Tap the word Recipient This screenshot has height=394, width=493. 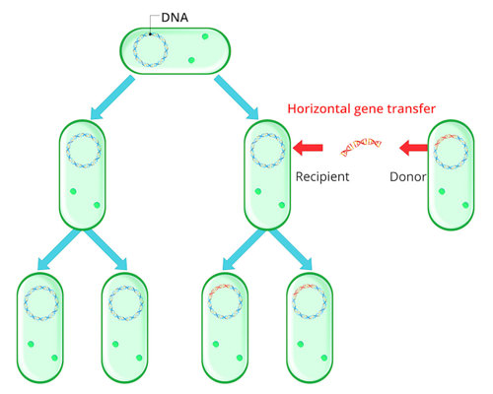pyautogui.click(x=323, y=177)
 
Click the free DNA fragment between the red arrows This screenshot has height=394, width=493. pyautogui.click(x=360, y=149)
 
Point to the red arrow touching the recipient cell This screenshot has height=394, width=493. pyautogui.click(x=309, y=149)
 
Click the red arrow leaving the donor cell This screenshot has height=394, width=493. pyautogui.click(x=413, y=149)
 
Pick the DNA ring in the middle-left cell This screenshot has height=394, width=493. pyautogui.click(x=84, y=150)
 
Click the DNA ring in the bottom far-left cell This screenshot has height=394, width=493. pyautogui.click(x=40, y=301)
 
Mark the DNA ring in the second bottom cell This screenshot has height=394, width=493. pyautogui.click(x=125, y=301)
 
